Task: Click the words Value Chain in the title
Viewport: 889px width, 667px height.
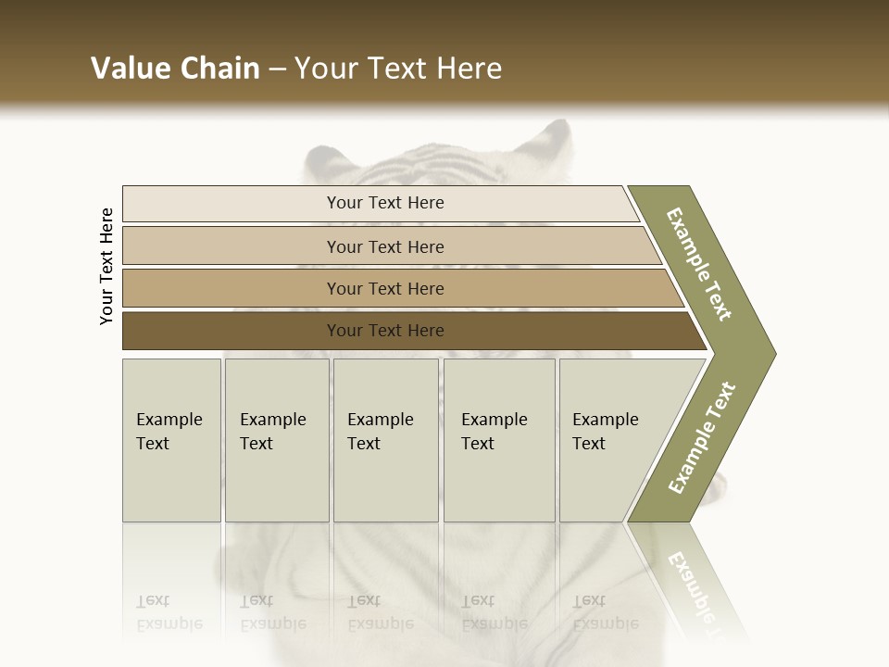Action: (x=175, y=69)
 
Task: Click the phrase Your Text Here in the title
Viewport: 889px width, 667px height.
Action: (x=398, y=69)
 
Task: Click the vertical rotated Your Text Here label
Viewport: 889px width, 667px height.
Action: (x=106, y=267)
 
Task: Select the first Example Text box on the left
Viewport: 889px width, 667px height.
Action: (x=171, y=440)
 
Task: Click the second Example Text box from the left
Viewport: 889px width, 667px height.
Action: (x=276, y=440)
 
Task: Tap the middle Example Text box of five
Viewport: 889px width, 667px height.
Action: (x=385, y=440)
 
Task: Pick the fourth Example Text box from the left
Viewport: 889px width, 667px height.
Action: (x=498, y=440)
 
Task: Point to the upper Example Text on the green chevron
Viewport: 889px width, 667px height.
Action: (x=699, y=263)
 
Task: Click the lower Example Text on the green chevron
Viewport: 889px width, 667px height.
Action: (x=702, y=437)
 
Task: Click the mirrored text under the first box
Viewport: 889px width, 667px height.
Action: (x=169, y=612)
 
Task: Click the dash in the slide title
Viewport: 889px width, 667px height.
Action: (x=277, y=69)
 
